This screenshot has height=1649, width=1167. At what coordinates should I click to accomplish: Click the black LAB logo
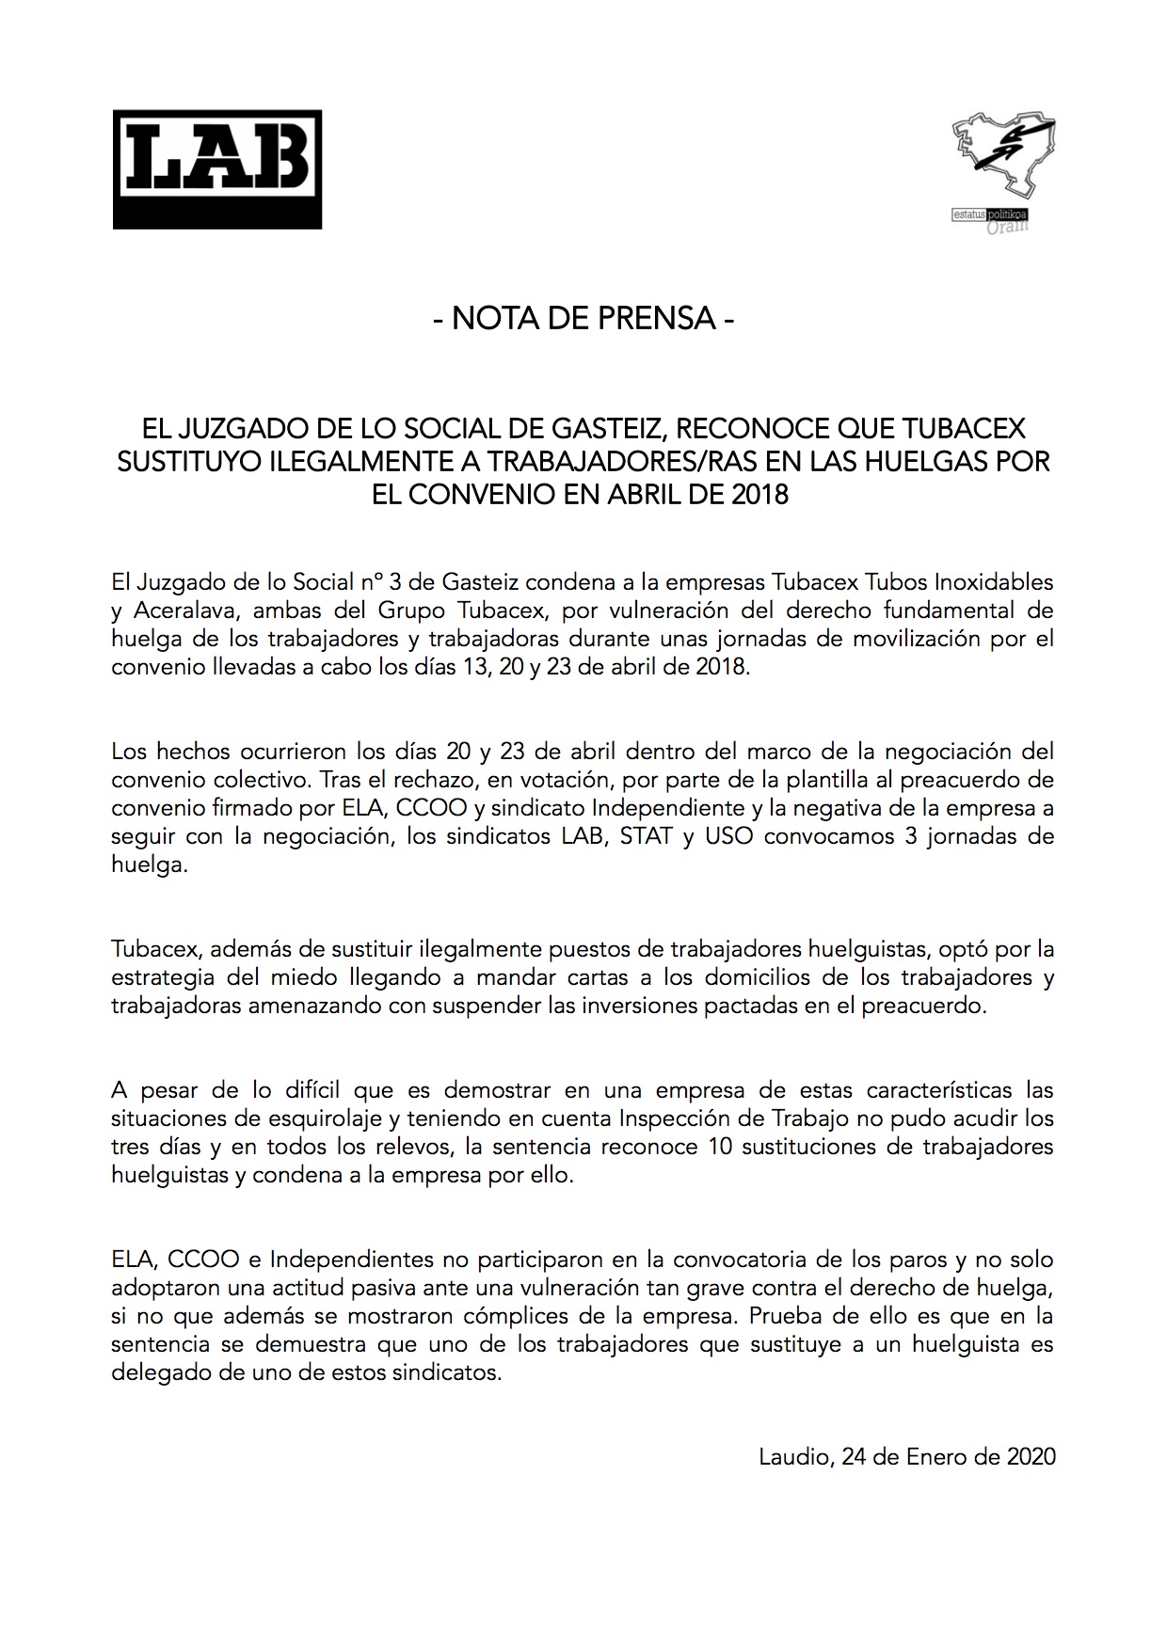(x=217, y=169)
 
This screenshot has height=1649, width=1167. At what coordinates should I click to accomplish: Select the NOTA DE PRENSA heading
(x=583, y=319)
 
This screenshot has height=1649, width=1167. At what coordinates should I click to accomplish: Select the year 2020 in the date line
(x=1031, y=1457)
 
